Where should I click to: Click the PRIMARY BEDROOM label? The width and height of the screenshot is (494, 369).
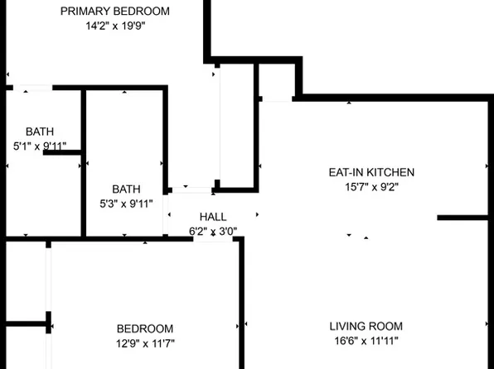[128, 12]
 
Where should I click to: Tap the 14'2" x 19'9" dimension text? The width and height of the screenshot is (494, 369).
[128, 26]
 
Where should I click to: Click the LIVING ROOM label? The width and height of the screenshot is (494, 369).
[366, 327]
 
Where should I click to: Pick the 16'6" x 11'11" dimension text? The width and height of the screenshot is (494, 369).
[366, 342]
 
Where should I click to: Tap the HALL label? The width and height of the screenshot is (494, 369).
[213, 217]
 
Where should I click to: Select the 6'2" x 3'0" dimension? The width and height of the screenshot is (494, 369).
[213, 232]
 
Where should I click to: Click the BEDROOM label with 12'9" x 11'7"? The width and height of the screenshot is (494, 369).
[145, 328]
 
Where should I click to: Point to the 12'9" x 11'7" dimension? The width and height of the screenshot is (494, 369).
[145, 343]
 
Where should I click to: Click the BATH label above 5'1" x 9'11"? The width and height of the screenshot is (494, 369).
[39, 132]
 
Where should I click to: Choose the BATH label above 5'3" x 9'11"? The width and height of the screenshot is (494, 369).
[127, 189]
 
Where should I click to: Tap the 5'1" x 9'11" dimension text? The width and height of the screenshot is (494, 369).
[39, 146]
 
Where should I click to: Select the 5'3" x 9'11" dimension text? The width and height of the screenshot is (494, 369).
[127, 204]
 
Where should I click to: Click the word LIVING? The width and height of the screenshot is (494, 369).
[346, 327]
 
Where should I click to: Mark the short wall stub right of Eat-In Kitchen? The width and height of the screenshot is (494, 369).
[464, 218]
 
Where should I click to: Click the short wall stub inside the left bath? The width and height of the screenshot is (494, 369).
[62, 152]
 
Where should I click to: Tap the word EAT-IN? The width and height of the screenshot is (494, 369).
[345, 173]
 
